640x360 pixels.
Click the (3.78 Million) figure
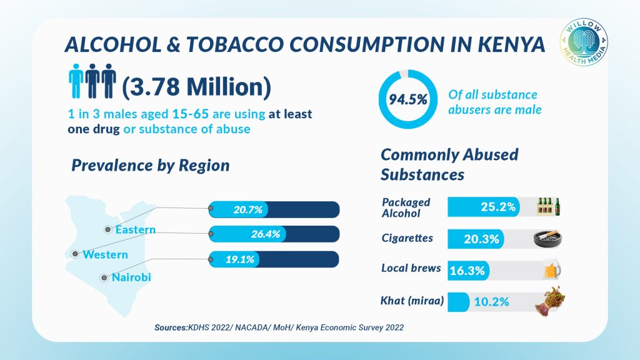(x=196, y=87)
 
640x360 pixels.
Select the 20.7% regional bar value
(x=249, y=209)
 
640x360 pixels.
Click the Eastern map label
(x=135, y=230)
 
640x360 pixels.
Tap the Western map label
(x=105, y=254)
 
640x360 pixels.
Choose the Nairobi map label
(x=131, y=277)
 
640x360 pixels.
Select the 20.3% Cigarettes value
(x=481, y=238)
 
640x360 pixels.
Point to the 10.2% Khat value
(x=491, y=302)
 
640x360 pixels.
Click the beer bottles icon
(x=549, y=206)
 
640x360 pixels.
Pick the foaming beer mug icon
(x=550, y=270)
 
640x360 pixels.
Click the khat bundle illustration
(x=548, y=300)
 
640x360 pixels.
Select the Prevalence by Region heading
(x=151, y=166)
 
